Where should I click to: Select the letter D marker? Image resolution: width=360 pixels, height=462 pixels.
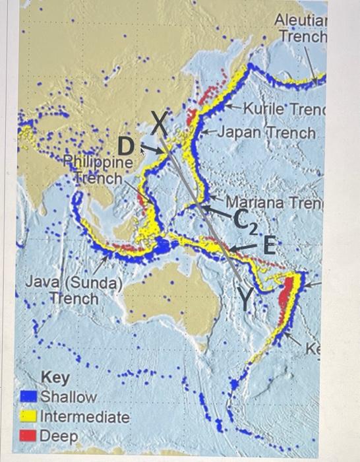click(x=126, y=145)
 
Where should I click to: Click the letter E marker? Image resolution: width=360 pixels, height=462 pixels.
click(x=267, y=246)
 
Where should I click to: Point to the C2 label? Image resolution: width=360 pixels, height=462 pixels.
click(x=243, y=221)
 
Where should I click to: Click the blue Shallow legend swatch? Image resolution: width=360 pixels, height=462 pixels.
click(x=28, y=397)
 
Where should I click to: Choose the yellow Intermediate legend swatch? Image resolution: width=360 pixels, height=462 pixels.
click(x=28, y=416)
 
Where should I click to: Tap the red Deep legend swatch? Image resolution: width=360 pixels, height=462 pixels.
click(x=28, y=436)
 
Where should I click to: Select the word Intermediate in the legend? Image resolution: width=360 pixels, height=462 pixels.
click(x=85, y=417)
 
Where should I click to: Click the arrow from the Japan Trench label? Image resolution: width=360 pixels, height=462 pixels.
click(x=208, y=133)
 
